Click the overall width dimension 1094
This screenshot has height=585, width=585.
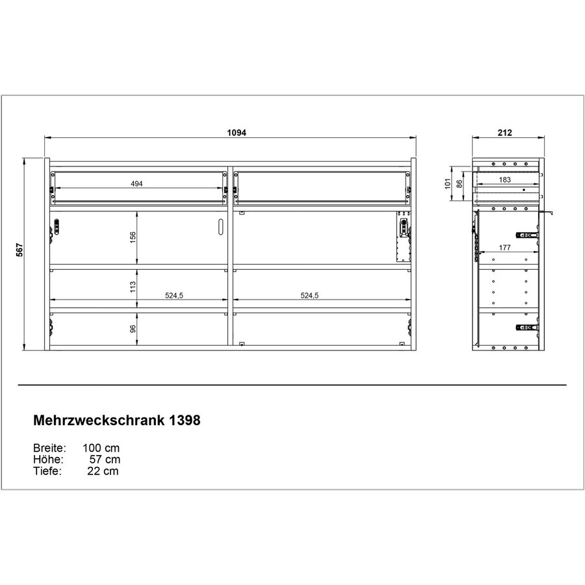236,132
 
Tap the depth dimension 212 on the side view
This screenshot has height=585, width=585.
506,133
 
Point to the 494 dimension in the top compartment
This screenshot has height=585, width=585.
136,184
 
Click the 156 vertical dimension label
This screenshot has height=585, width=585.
132,238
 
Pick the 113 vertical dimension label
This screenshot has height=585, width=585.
132,287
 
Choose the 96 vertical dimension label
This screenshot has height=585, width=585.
132,329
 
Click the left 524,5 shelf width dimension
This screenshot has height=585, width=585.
174,295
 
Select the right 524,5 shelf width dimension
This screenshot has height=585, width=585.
309,295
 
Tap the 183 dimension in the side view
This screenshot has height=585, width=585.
505,179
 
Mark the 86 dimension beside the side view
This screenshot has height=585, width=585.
460,184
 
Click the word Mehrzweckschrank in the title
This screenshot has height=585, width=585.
98,421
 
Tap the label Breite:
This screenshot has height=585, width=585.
49,448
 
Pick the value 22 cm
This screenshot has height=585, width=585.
103,471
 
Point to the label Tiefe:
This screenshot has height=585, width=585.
47,471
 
